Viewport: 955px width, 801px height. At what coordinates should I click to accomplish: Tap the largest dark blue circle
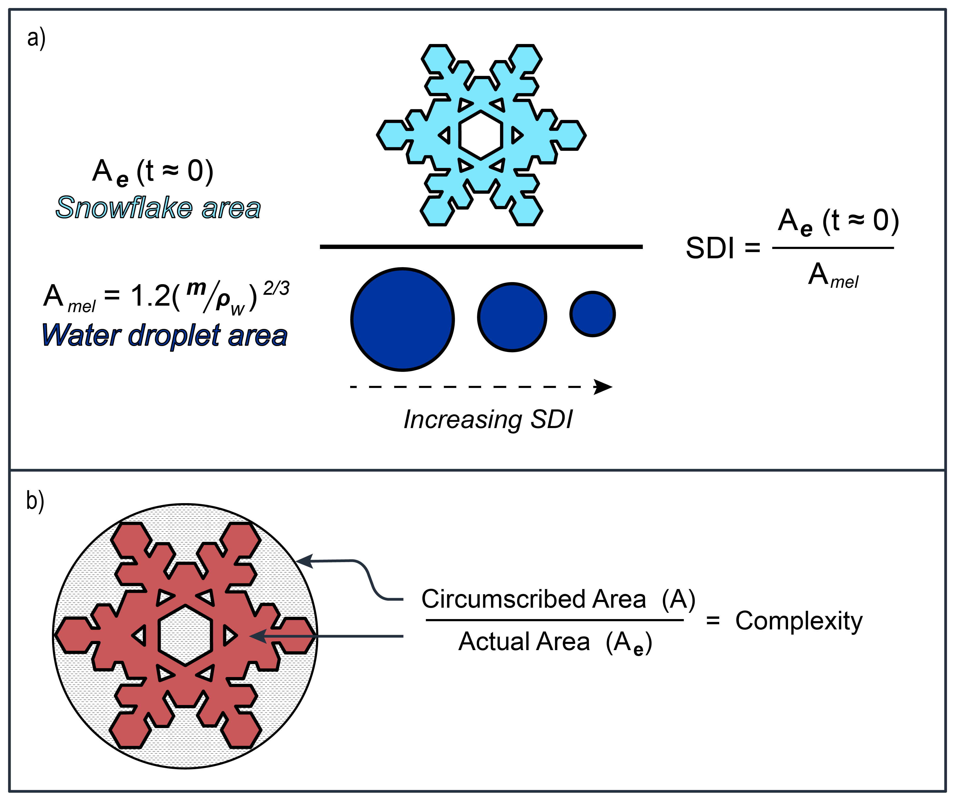402,319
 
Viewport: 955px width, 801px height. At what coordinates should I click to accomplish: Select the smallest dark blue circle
593,314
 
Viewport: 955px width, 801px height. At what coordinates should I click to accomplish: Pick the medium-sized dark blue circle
512,317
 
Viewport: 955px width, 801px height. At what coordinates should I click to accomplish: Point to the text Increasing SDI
488,419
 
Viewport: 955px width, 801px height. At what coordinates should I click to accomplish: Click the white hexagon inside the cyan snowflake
481,135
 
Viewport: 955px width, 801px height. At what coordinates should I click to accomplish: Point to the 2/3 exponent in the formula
276,288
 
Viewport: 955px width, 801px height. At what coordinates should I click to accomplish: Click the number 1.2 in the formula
150,296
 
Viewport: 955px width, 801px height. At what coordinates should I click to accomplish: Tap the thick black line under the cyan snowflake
481,247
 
